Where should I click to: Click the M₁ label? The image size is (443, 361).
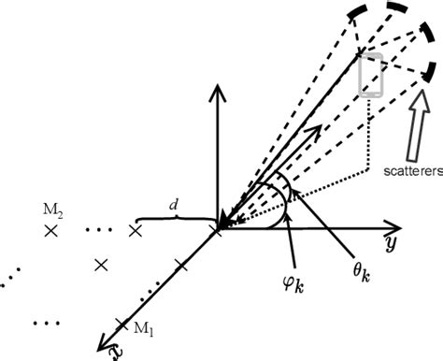pos(140,327)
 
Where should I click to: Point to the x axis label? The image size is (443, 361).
pos(115,351)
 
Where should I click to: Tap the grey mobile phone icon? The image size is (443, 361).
pos(370,76)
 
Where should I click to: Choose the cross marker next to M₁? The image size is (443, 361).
pos(121,324)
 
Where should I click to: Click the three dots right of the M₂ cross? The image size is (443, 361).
pos(97,229)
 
